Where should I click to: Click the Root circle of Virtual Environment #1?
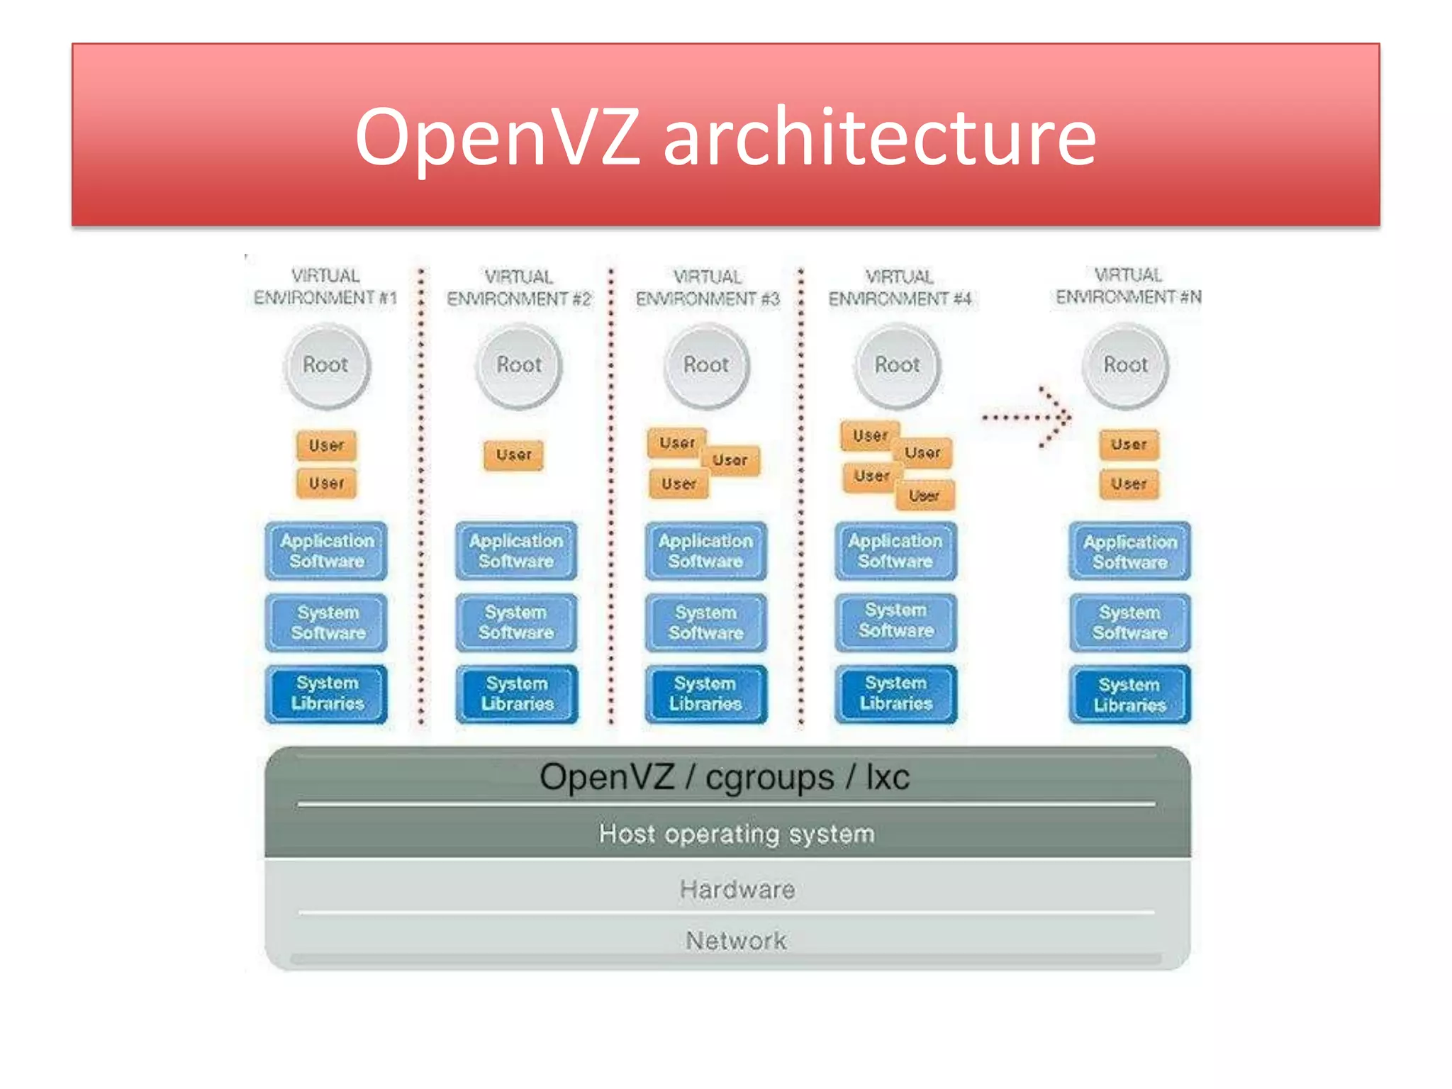coord(326,366)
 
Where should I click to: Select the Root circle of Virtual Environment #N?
coord(1125,366)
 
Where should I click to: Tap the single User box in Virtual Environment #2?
coord(513,455)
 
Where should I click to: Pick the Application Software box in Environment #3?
coord(705,551)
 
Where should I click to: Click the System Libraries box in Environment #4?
coord(895,693)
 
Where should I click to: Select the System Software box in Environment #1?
coord(327,622)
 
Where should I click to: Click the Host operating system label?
coord(736,834)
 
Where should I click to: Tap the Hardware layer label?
coord(737,889)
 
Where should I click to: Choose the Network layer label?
coord(736,941)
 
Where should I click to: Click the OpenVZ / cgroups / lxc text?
coord(725,777)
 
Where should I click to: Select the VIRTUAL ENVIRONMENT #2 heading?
coord(518,288)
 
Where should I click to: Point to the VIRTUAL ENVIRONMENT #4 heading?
coord(899,288)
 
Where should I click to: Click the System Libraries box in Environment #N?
coord(1129,695)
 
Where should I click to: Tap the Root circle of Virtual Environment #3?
coord(706,366)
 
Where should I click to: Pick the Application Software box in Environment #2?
coord(516,551)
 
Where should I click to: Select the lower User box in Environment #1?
coord(326,484)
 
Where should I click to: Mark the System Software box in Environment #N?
coord(1129,622)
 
